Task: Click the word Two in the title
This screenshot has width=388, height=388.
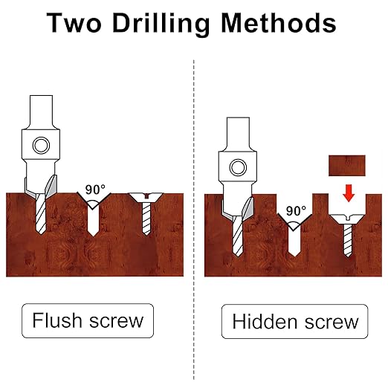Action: coord(74,22)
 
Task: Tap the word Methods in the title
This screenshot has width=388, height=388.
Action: coord(279,22)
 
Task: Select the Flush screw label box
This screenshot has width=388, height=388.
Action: coord(88,320)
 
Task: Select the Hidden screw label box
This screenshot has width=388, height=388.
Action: coord(294,321)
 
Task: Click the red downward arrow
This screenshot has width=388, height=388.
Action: coord(349,193)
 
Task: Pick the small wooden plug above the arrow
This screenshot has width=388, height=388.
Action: coord(347,166)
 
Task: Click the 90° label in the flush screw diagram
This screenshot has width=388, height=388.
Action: coord(95,190)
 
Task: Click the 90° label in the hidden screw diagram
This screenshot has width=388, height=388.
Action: coord(296,211)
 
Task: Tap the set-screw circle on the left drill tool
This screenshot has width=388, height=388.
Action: coord(41,145)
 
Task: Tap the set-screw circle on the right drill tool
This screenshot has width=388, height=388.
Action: coord(238,167)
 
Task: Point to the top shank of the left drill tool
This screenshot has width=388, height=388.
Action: coord(41,110)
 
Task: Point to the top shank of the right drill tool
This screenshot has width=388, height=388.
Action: coord(238,132)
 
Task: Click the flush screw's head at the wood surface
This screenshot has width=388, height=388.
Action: coord(146,197)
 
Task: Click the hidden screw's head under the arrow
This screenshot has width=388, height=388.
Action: coord(348,219)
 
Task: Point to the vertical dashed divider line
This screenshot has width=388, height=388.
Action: coord(194,219)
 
